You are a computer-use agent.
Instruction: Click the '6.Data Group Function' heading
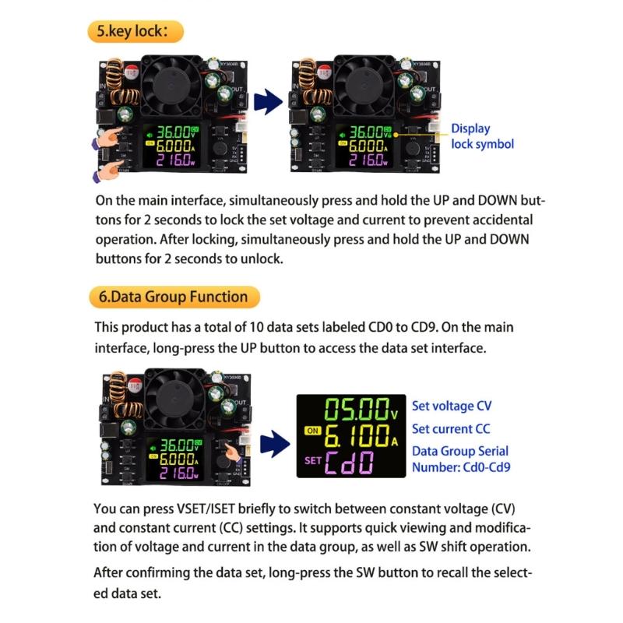coord(173,297)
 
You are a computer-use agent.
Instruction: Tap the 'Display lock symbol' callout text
coord(482,136)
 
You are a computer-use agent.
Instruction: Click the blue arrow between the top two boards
coord(267,101)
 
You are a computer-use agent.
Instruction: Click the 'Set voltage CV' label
coord(452,406)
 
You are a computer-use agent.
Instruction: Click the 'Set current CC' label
coord(451,428)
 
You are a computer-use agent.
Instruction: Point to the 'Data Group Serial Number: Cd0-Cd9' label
coord(459,459)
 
